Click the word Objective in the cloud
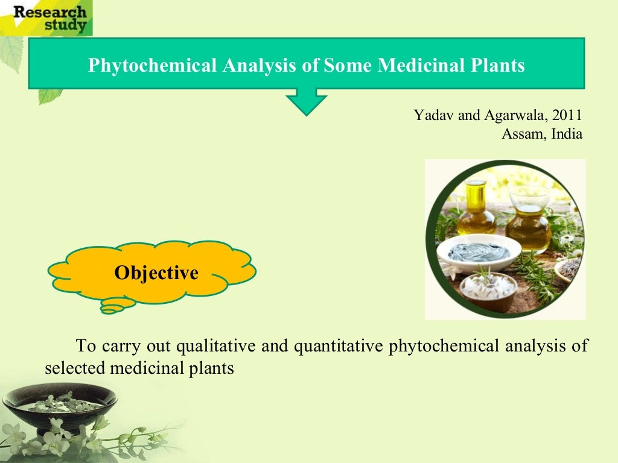156,273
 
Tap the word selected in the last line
75,367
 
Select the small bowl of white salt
488,288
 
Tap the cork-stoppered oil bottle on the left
476,208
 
